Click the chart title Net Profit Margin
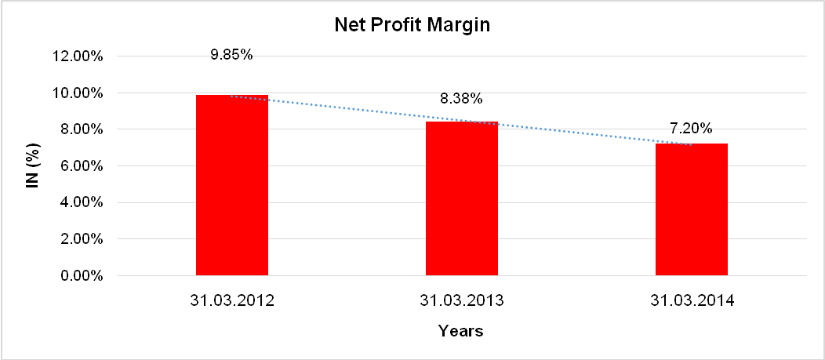[412, 25]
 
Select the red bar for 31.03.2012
[231, 186]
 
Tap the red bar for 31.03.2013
[461, 199]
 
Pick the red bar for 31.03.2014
[691, 210]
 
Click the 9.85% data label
[231, 55]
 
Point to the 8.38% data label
[461, 99]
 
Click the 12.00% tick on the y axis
[78, 56]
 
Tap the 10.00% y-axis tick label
[78, 93]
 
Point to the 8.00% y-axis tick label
[81, 129]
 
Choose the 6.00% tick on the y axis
[81, 166]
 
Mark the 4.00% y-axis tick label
[81, 202]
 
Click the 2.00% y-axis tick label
[81, 239]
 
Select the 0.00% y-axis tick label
[81, 276]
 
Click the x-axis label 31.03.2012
[231, 300]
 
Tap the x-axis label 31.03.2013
[461, 300]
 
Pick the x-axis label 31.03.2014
[691, 300]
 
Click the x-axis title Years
[461, 331]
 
